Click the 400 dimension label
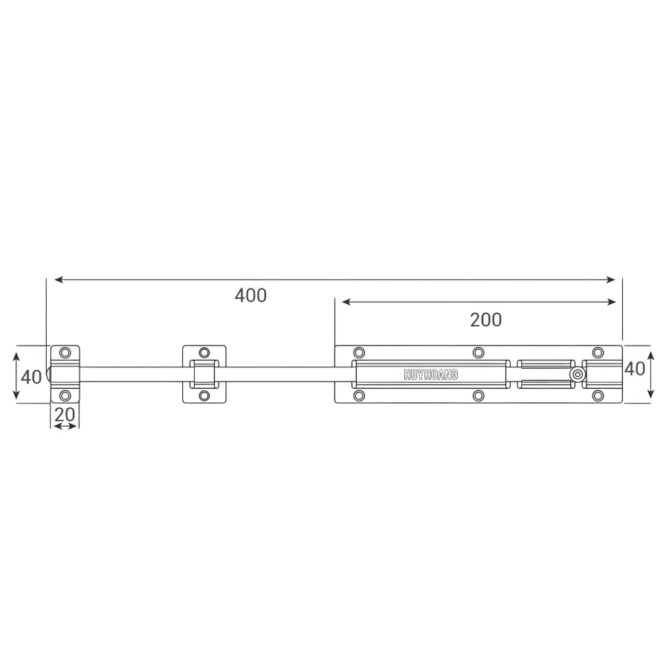click(x=251, y=295)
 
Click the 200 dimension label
click(x=486, y=320)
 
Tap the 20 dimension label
click(x=65, y=414)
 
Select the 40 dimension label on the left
click(x=31, y=377)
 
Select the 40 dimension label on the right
click(x=635, y=369)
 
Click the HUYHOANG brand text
click(x=431, y=375)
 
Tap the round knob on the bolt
click(x=578, y=375)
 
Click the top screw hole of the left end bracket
click(x=65, y=352)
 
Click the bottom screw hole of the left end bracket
click(x=65, y=395)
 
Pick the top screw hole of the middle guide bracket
click(x=204, y=352)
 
